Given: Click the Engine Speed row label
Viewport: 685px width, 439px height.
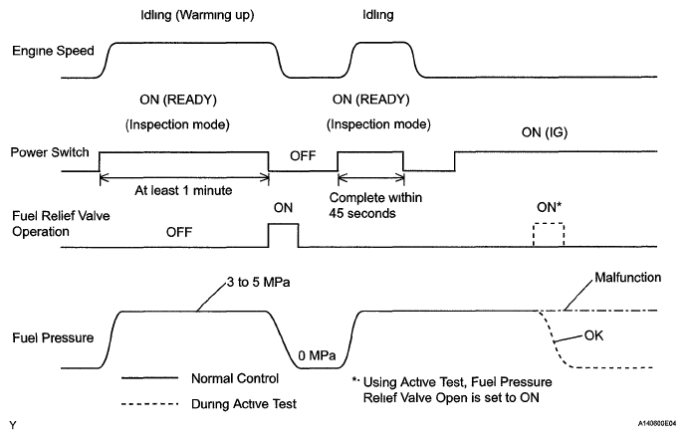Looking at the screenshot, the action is pyautogui.click(x=53, y=51).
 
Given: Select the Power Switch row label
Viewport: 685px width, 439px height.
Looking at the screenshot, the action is pyautogui.click(x=50, y=152).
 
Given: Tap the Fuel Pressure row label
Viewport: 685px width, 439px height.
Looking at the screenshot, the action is pyautogui.click(x=53, y=337).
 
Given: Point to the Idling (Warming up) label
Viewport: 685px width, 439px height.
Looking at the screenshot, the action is pyautogui.click(x=197, y=15).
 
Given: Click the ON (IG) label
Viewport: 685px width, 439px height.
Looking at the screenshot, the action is pyautogui.click(x=545, y=132).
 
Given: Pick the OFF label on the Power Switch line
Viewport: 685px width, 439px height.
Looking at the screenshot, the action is pyautogui.click(x=303, y=156).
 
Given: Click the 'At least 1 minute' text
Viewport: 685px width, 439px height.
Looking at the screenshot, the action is pyautogui.click(x=183, y=190).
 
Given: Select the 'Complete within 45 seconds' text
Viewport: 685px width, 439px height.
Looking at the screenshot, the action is pyautogui.click(x=375, y=205).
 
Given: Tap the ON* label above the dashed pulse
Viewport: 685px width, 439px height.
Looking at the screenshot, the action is pyautogui.click(x=549, y=207).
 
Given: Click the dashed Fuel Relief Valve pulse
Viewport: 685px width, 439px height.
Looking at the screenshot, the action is pyautogui.click(x=549, y=224).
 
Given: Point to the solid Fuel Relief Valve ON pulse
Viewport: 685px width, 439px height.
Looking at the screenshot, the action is pyautogui.click(x=284, y=224).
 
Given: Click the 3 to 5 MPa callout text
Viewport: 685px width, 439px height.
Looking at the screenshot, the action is pyautogui.click(x=258, y=282).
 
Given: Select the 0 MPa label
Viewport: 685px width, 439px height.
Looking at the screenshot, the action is pyautogui.click(x=317, y=355).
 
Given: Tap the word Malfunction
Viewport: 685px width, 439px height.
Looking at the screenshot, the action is pyautogui.click(x=628, y=278).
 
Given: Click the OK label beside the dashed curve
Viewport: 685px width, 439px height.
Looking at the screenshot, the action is pyautogui.click(x=593, y=335).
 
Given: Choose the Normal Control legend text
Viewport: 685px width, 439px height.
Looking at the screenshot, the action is pyautogui.click(x=235, y=378).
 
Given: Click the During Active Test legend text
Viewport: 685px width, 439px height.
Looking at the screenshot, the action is pyautogui.click(x=244, y=404).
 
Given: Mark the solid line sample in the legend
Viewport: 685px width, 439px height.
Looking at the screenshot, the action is pyautogui.click(x=149, y=378).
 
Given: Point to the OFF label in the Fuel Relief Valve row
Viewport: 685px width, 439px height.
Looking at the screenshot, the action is pyautogui.click(x=179, y=232).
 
